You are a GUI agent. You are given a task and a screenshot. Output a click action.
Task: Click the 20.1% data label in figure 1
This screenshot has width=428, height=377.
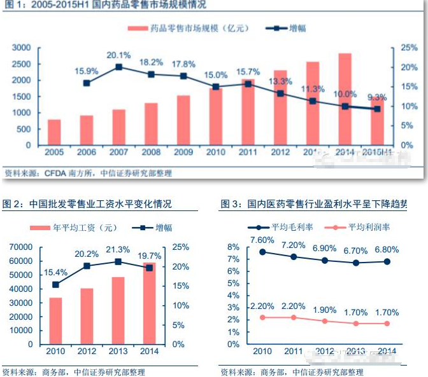click(x=119, y=55)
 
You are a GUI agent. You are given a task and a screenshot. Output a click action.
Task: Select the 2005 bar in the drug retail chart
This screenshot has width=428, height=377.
click(x=54, y=132)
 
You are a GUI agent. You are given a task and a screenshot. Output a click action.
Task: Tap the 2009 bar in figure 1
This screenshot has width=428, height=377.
click(x=183, y=120)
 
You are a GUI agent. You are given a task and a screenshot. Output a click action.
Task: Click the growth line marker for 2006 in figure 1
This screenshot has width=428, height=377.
click(x=87, y=83)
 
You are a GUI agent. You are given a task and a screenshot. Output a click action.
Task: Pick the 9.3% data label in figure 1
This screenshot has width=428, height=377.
click(x=378, y=97)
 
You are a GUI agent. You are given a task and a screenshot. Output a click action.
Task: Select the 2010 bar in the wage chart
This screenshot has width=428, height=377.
click(x=55, y=321)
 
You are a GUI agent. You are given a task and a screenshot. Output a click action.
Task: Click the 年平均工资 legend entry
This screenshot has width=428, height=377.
click(x=74, y=227)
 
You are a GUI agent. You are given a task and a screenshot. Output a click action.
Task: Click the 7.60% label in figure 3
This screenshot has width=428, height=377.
click(x=262, y=240)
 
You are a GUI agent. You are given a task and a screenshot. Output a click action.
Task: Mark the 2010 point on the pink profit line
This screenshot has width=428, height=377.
click(x=262, y=317)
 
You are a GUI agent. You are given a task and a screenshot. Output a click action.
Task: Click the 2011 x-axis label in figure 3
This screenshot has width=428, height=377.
click(x=294, y=351)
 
